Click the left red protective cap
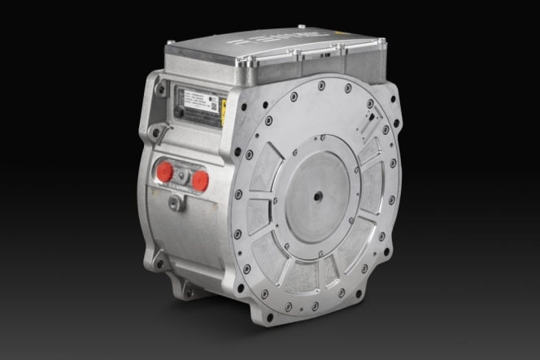coord(164,171)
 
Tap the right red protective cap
coord(199,180)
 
